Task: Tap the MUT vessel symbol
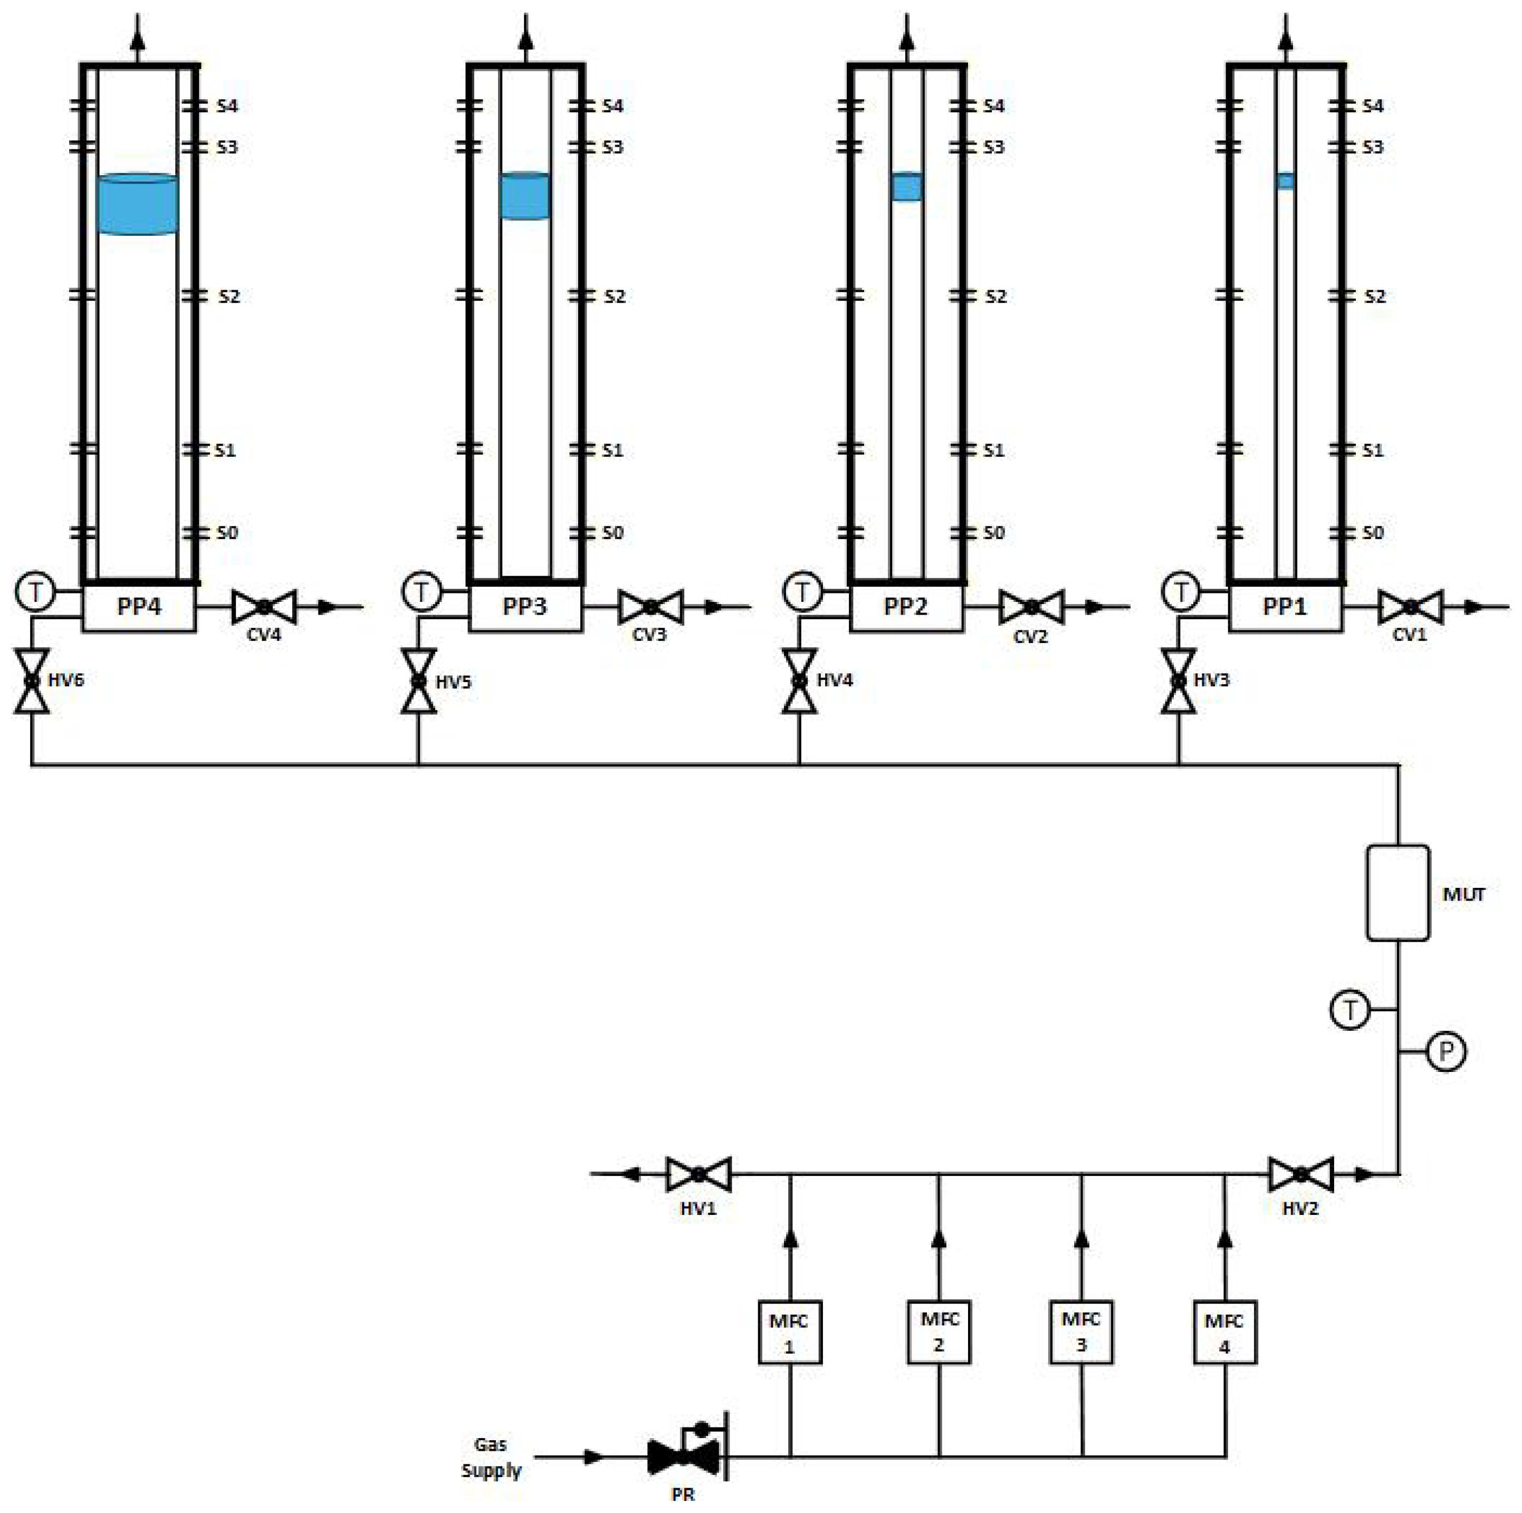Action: click(1397, 893)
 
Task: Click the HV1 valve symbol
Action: click(698, 1174)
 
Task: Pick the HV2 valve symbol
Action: click(1300, 1174)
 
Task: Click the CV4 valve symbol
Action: click(264, 607)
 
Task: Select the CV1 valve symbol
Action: click(1411, 607)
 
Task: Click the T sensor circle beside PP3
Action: click(422, 591)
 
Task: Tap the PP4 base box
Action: click(139, 607)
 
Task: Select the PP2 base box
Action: click(906, 607)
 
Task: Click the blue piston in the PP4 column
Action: click(137, 204)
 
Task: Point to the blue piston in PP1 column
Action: click(1285, 181)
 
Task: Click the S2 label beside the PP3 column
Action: click(615, 296)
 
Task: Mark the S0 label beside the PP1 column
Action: click(1373, 532)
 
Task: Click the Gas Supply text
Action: click(491, 1457)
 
